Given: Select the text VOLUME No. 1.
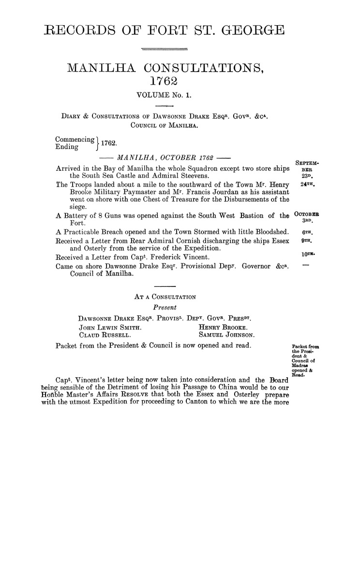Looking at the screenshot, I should point(165,95).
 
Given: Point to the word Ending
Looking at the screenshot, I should point(67,146).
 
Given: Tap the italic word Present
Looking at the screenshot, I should point(164,307).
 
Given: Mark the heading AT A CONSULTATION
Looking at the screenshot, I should point(165,296).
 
